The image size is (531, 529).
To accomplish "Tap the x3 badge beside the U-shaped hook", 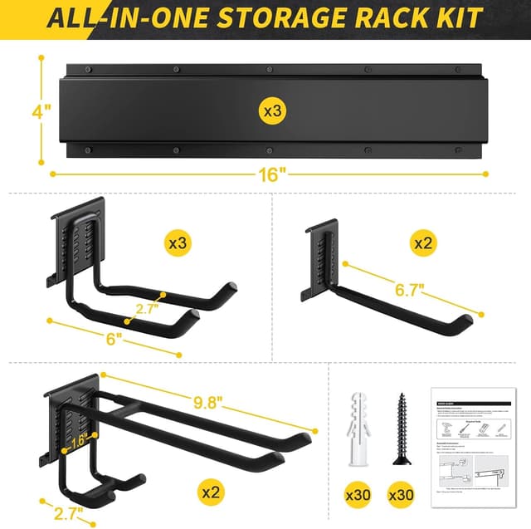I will (178, 244).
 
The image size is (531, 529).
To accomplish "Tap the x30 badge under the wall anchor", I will (358, 495).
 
